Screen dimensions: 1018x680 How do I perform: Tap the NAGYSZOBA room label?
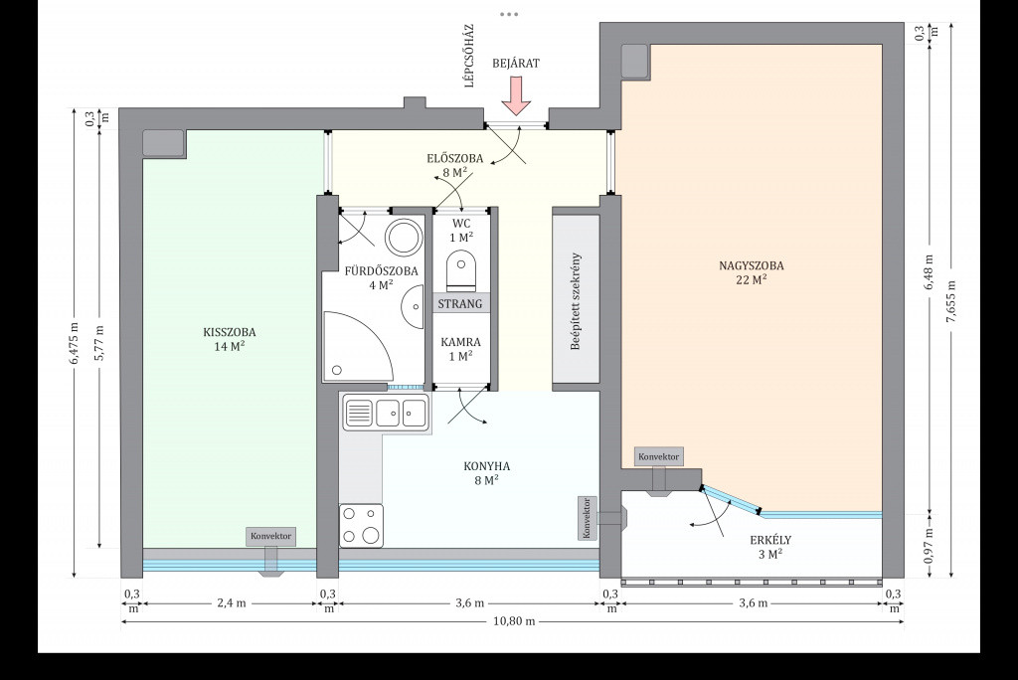pyautogui.click(x=752, y=265)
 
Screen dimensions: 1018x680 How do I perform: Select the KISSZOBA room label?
pyautogui.click(x=230, y=332)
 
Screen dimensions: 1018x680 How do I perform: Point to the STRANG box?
pyautogui.click(x=460, y=304)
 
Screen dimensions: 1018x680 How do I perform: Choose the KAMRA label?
pyautogui.click(x=461, y=342)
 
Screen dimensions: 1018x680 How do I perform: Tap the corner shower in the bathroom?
pyautogui.click(x=358, y=347)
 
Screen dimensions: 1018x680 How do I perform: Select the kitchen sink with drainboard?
pyautogui.click(x=386, y=413)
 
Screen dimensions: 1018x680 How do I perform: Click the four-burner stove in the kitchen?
pyautogui.click(x=361, y=526)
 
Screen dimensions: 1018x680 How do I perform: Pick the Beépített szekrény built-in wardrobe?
pyautogui.click(x=576, y=299)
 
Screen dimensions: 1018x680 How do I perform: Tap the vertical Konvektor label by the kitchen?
pyautogui.click(x=587, y=518)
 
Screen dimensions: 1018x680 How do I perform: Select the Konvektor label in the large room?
pyautogui.click(x=659, y=456)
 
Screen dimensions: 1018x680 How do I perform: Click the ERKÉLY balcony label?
pyautogui.click(x=770, y=540)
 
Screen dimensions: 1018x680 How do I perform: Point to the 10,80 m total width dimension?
pyautogui.click(x=514, y=621)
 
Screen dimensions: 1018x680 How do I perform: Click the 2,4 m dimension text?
pyautogui.click(x=232, y=603)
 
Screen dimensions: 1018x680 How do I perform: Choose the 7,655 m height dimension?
pyautogui.click(x=951, y=300)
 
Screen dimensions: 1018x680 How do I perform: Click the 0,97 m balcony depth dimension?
pyautogui.click(x=930, y=545)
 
